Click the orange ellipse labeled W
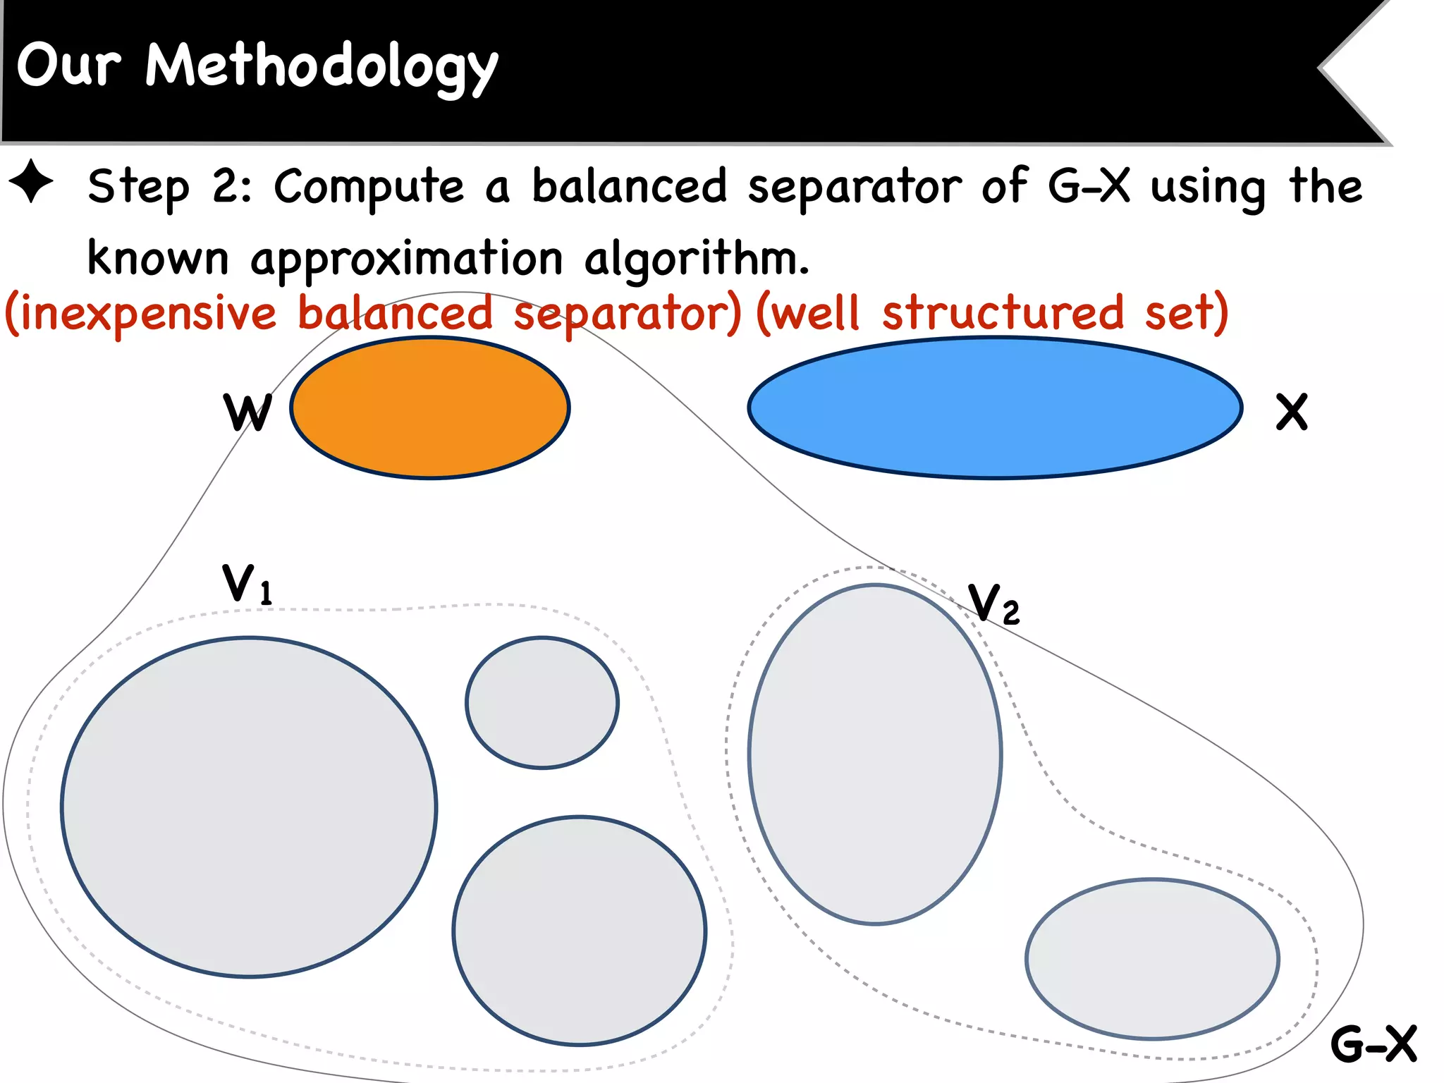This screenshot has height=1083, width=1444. coord(430,408)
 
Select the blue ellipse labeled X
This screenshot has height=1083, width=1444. coord(995,408)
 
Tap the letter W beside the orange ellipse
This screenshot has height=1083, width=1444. coord(247,412)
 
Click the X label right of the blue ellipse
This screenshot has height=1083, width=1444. coord(1292,412)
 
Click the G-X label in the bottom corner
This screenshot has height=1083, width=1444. coord(1373,1044)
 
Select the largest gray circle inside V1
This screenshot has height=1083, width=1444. coord(249,807)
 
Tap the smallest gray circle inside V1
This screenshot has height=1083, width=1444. coord(541,702)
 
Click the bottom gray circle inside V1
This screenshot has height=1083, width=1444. coord(580,930)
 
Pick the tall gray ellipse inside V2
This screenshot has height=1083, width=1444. coord(875,754)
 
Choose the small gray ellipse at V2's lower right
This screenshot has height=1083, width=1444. coord(1152,959)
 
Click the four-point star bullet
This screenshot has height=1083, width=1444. coord(32,182)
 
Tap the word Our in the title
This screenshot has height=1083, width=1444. coord(68,66)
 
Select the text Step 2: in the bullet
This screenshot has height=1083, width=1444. coord(169,187)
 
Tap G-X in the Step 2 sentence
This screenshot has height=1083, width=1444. coord(1089,186)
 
